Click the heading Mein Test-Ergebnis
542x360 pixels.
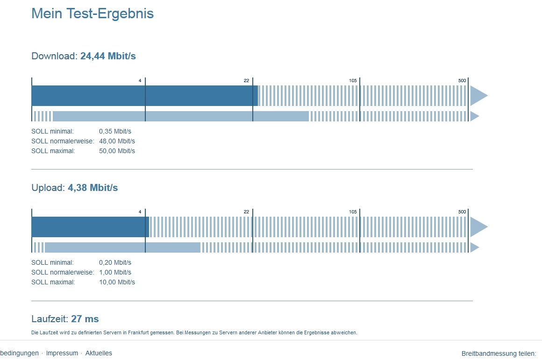(x=93, y=14)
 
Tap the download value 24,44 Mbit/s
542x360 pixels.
(x=108, y=56)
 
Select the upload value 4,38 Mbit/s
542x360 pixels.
(x=93, y=188)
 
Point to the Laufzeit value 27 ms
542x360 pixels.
(x=85, y=319)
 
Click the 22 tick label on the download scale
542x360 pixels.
(x=246, y=80)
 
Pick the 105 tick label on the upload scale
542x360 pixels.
(x=353, y=212)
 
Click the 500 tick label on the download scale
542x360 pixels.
(x=462, y=80)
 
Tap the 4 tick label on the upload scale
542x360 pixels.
(x=140, y=212)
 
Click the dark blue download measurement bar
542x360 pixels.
(x=144, y=96)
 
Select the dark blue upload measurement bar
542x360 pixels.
(x=90, y=227)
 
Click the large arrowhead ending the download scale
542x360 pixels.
(x=479, y=96)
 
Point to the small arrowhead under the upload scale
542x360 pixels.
(x=475, y=247)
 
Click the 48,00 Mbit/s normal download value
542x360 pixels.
(x=117, y=141)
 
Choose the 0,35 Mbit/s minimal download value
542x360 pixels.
(x=115, y=131)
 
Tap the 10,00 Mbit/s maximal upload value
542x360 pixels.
(x=117, y=282)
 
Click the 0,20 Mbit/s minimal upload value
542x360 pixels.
(x=115, y=262)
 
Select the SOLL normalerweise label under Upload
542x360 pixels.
(x=63, y=272)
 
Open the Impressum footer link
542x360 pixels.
(x=62, y=353)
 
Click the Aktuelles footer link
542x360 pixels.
(x=99, y=353)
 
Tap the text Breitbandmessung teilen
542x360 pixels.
(x=499, y=353)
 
